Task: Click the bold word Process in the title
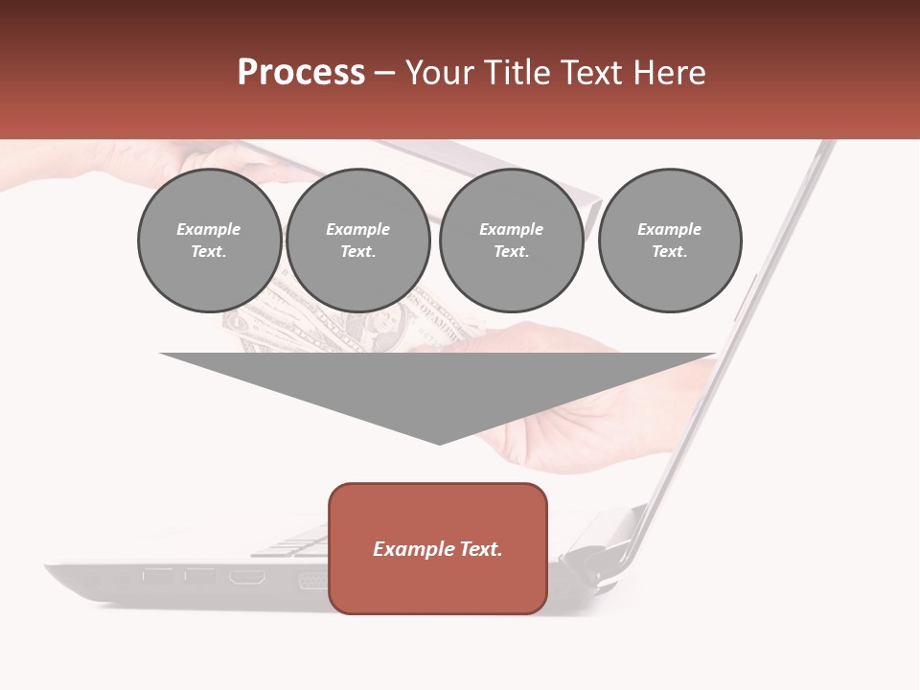tap(301, 72)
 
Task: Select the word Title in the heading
tap(521, 73)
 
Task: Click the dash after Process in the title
tap(384, 74)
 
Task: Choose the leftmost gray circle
tap(210, 241)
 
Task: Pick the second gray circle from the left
tap(358, 241)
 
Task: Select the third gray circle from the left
tap(512, 241)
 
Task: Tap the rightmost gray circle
tap(670, 241)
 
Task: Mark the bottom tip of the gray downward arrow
tap(439, 443)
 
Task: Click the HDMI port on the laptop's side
tap(247, 577)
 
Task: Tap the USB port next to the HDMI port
tap(200, 577)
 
